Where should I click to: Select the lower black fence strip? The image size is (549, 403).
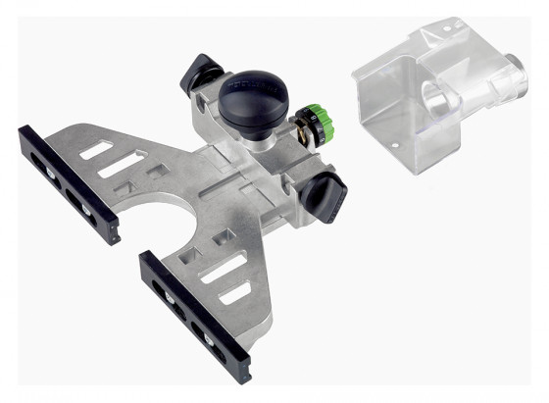pyautogui.click(x=195, y=315)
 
